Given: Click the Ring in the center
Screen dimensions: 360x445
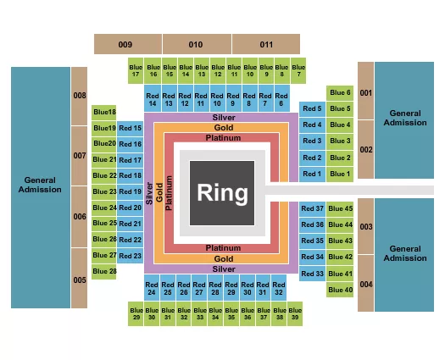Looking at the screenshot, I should pos(223,192).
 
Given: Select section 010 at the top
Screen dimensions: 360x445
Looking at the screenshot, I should pos(196,43).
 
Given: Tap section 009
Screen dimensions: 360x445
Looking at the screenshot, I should pos(126,43).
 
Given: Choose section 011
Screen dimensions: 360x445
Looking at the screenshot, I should pos(266,43).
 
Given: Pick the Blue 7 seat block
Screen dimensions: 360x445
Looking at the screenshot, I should pos(298,69).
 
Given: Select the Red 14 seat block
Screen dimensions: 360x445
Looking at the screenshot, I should pos(153,99).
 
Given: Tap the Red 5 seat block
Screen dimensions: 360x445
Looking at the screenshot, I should pos(312,108).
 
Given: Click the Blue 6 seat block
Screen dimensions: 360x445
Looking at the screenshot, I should pos(339,92).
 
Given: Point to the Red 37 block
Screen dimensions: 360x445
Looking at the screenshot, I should pos(313,208).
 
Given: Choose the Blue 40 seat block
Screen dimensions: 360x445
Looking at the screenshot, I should pos(339,290).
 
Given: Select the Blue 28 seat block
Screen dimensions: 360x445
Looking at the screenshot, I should pos(105,271).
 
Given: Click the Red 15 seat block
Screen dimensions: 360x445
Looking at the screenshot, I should pos(131,128).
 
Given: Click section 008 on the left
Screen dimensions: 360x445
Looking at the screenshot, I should pos(79,96).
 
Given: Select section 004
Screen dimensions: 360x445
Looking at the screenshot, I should pos(365,284).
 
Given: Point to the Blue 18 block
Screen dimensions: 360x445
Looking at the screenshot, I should pos(105,112).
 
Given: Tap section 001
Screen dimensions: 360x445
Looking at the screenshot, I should pos(365,91).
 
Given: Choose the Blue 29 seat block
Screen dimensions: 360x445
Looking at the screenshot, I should pos(136,313).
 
